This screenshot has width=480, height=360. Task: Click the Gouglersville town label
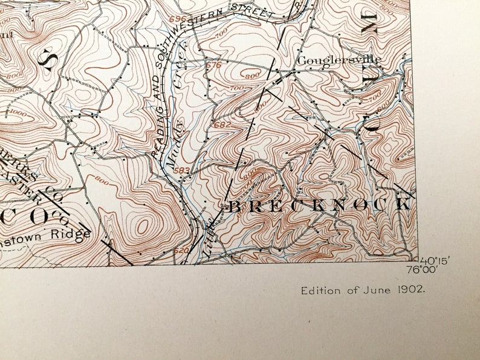pos(339,60)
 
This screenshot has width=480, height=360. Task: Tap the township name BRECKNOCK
pos(319,205)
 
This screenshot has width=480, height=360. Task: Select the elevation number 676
pos(213,65)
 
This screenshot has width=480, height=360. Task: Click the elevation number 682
pos(222,124)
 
